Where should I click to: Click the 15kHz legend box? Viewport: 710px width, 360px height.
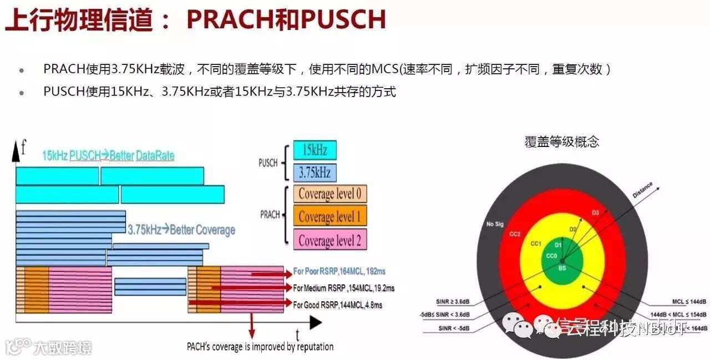click(315, 150)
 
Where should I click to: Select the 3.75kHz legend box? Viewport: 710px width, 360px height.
click(315, 173)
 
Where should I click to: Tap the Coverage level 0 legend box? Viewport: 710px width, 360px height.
click(330, 195)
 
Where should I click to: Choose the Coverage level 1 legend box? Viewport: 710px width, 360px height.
click(330, 216)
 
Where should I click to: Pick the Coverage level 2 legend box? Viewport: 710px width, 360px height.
click(330, 240)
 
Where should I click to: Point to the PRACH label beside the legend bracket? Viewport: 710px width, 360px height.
click(270, 215)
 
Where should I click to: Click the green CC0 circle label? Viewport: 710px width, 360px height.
click(551, 256)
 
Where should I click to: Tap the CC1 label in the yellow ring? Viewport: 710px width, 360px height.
click(535, 242)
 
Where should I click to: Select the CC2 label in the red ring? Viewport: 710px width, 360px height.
click(514, 234)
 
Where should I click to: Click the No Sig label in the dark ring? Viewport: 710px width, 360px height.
click(494, 224)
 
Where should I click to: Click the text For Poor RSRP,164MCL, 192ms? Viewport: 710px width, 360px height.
click(339, 272)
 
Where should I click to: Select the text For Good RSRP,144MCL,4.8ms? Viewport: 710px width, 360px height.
click(337, 305)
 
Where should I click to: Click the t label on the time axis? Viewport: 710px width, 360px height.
click(298, 334)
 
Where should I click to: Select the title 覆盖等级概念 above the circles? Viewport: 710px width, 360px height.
click(562, 141)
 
